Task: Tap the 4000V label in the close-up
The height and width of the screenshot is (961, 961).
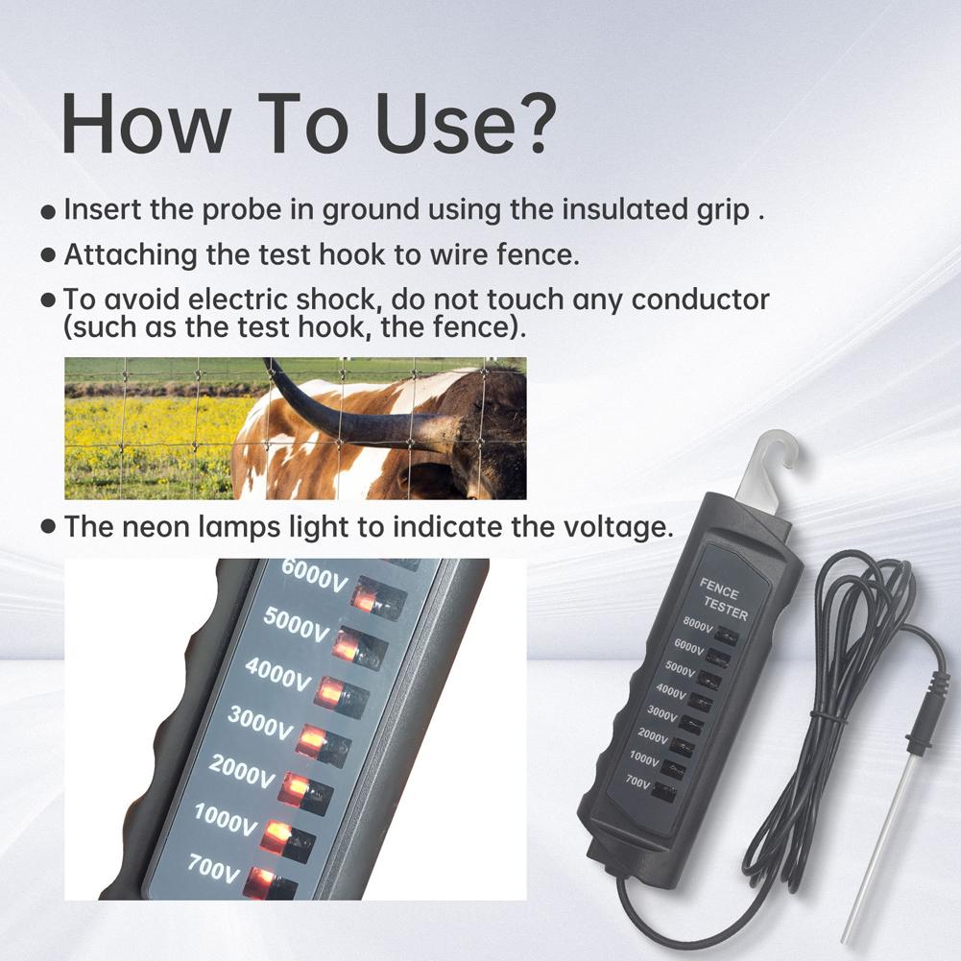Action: point(278,674)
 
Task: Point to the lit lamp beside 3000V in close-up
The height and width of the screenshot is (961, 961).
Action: point(311,740)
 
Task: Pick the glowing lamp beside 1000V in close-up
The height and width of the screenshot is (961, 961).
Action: point(276,836)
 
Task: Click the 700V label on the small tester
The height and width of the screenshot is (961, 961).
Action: point(637,782)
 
